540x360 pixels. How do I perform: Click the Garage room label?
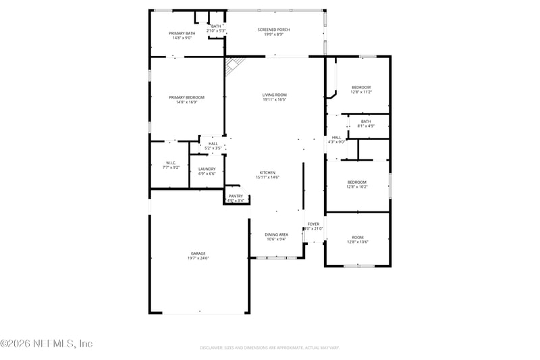point(198,255)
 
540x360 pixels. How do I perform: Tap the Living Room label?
point(275,97)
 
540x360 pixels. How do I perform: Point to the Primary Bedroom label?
point(186,99)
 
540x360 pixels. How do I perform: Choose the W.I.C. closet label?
point(171,164)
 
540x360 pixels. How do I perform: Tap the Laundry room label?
point(207,171)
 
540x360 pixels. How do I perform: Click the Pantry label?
point(235,198)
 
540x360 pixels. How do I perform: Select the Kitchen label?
point(267,174)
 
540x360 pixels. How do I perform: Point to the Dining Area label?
point(276,236)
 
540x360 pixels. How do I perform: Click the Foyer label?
point(314,226)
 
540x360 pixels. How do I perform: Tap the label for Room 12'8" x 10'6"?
point(357,239)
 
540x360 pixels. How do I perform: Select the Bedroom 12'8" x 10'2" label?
point(357,184)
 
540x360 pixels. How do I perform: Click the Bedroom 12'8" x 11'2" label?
point(360,89)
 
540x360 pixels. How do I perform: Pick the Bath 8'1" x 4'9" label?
point(365,124)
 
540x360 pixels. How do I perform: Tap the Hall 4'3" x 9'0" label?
point(336,139)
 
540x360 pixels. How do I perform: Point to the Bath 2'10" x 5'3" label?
point(215,28)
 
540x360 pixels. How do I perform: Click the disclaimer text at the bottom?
point(269,348)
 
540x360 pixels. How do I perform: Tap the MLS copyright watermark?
point(47,343)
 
